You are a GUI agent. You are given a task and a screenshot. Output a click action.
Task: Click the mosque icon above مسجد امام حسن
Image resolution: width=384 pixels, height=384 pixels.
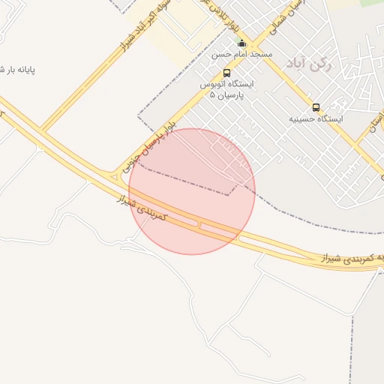coord(241,43)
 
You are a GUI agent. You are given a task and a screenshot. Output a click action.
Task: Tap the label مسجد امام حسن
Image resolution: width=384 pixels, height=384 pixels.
coord(241,55)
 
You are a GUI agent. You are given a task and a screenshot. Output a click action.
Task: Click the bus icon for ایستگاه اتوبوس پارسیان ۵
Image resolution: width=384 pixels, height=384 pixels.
coord(226,73)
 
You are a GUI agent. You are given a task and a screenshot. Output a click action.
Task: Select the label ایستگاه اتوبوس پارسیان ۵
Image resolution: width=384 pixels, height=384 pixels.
coord(226,90)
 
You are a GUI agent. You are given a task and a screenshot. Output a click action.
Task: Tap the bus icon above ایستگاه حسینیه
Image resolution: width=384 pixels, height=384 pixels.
coord(316,107)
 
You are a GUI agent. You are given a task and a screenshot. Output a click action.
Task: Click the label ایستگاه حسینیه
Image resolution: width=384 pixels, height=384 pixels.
coord(316,118)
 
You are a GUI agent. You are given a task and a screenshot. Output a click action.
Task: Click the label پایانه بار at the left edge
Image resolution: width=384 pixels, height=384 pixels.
coord(18,70)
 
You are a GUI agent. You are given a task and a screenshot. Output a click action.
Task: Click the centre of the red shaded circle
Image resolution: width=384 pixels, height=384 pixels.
coord(192,191)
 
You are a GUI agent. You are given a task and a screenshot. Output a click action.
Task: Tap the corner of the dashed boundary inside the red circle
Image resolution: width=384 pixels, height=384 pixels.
coord(229,195)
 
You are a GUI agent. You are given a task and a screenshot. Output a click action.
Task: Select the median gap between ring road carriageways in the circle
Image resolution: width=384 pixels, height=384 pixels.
coord(199,223)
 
